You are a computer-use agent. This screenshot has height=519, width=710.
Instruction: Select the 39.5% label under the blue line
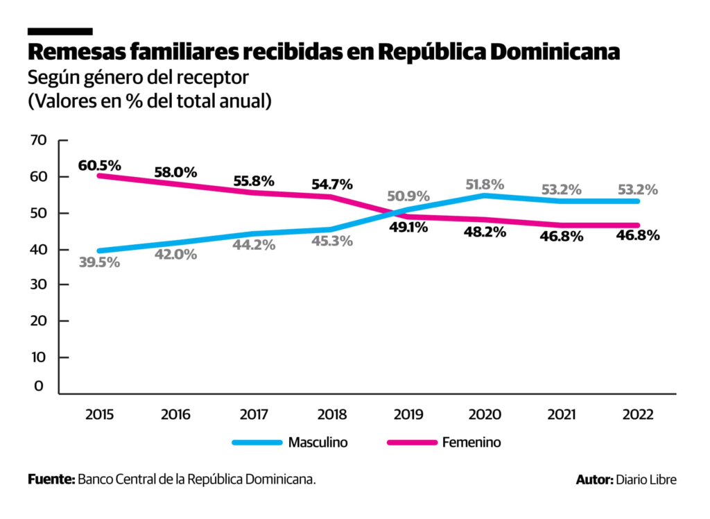[99, 262]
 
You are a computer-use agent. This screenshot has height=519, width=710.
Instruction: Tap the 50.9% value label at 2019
[408, 196]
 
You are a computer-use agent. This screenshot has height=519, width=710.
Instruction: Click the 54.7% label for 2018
[331, 185]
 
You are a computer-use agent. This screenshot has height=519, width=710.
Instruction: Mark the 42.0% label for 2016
[175, 254]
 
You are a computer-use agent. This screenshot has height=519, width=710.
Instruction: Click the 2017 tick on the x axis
[254, 415]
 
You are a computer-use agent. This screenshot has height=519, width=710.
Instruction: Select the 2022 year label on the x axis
[637, 415]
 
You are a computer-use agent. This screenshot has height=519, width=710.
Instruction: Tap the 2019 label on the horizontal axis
[408, 415]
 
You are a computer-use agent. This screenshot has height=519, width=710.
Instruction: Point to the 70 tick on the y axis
[38, 140]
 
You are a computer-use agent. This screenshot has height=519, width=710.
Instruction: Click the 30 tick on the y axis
[38, 284]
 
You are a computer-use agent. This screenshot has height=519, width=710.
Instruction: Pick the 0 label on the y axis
[38, 386]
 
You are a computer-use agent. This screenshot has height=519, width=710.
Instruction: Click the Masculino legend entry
[318, 442]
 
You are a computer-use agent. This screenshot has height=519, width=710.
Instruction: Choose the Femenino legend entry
[471, 442]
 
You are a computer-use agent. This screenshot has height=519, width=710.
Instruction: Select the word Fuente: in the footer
[51, 479]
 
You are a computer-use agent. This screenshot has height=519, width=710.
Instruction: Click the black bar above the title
[60, 31]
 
